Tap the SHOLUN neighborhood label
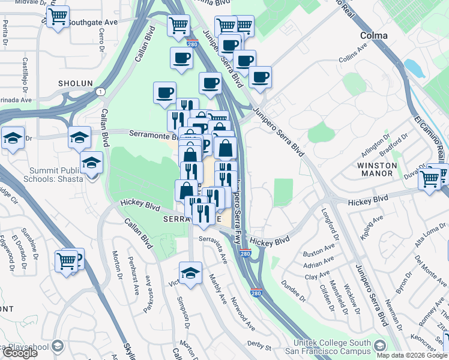(x=75, y=83)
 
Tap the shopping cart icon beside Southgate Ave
(x=58, y=18)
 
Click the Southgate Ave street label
(x=92, y=22)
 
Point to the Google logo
(x=20, y=353)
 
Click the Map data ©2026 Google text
(x=412, y=355)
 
